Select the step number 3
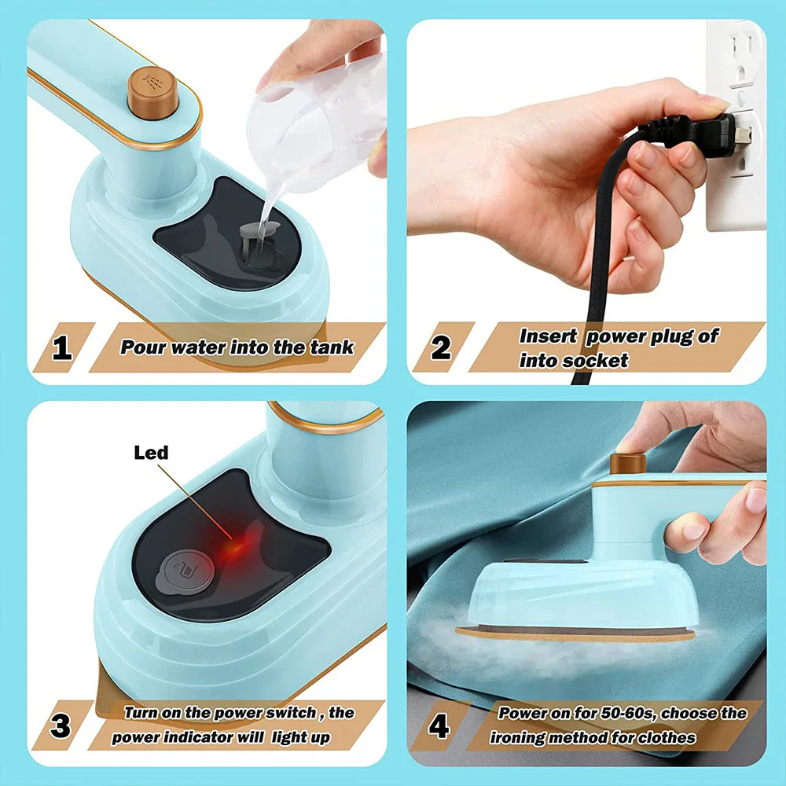[61, 725]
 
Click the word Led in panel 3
[151, 453]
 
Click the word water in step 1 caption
[205, 347]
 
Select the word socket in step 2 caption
[597, 361]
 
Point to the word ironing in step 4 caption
[519, 737]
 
